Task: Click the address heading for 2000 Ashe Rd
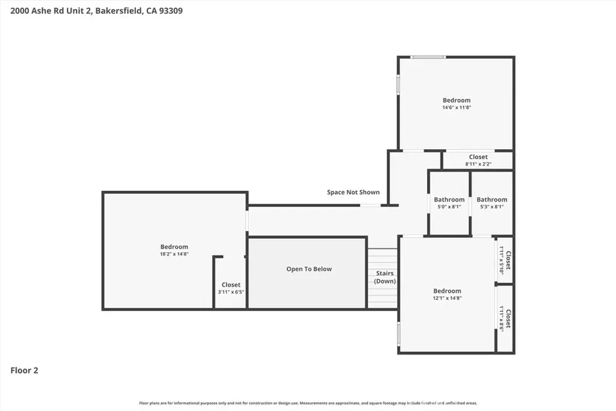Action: [96, 11]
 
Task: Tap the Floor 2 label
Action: [24, 370]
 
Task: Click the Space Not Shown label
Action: [353, 192]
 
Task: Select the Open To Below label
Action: [309, 269]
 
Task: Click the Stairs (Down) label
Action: [384, 277]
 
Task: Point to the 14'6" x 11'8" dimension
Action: [457, 107]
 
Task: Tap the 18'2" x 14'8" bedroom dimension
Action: [174, 254]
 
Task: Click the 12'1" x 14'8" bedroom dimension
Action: [447, 298]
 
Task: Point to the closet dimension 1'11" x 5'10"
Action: [501, 260]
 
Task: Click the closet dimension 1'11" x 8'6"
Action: [501, 319]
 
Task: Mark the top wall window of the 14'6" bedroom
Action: [428, 57]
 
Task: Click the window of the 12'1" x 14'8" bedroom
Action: [399, 335]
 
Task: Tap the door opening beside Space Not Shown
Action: [371, 205]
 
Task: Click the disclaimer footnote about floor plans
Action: [308, 403]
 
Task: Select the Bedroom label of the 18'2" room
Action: [174, 247]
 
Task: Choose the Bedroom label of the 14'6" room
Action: [457, 100]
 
